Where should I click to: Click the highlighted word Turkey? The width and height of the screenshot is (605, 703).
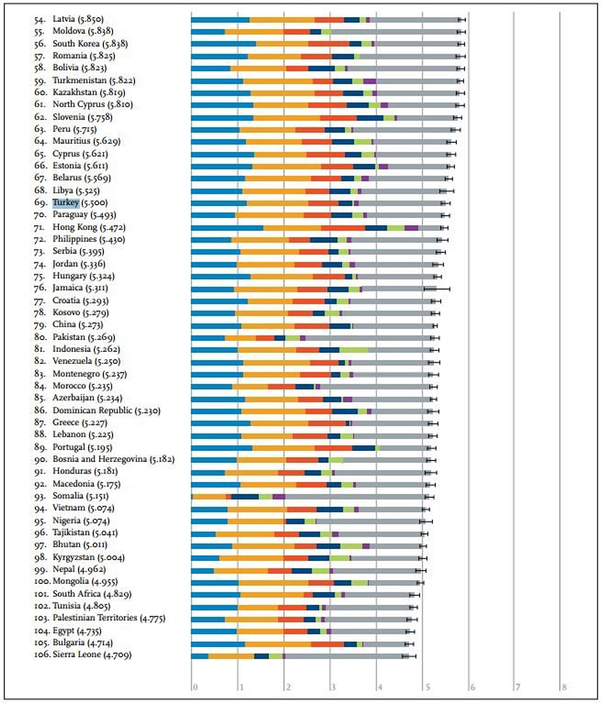click(x=66, y=203)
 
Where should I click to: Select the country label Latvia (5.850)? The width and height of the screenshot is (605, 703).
click(x=78, y=19)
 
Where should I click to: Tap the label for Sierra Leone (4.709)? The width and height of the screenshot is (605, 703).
click(x=92, y=655)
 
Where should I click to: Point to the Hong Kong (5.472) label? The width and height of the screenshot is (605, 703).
click(x=89, y=227)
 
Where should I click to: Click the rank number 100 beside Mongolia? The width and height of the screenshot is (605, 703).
click(x=42, y=581)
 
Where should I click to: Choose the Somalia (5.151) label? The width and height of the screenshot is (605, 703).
click(x=82, y=496)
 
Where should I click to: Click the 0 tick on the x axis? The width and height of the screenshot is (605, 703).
click(x=195, y=687)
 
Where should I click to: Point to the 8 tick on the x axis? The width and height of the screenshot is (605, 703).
click(x=564, y=687)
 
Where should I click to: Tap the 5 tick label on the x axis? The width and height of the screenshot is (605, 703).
click(x=427, y=687)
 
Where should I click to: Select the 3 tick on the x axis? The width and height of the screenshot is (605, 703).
click(x=333, y=687)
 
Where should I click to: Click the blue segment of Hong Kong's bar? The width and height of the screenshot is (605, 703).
click(x=227, y=228)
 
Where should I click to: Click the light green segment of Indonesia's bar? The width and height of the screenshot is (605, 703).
click(x=353, y=350)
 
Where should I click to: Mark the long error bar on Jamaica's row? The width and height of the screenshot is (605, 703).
click(x=437, y=288)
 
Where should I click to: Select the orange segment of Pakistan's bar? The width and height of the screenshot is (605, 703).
click(x=240, y=338)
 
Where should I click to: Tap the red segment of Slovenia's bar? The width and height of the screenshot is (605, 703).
click(x=338, y=118)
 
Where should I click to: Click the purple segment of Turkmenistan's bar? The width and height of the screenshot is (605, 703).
click(x=370, y=81)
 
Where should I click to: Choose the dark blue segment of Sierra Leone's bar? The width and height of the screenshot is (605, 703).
click(x=261, y=656)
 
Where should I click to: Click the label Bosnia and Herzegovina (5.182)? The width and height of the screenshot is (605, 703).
click(x=113, y=459)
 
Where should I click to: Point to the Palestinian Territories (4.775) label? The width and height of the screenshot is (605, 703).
click(x=109, y=618)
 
